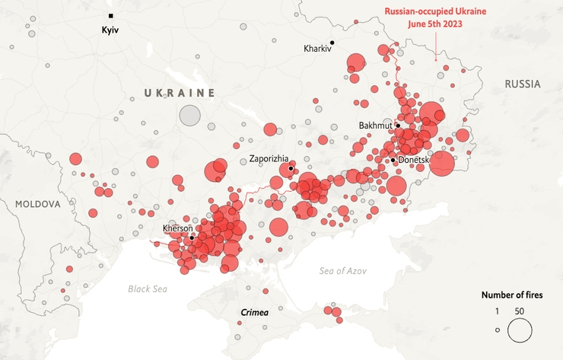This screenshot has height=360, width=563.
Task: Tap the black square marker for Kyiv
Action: coord(110,15)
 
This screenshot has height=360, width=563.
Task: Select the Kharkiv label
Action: coord(318,49)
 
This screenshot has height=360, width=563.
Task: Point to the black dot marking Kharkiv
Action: coord(332,42)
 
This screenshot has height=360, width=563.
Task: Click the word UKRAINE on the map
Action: coord(180,92)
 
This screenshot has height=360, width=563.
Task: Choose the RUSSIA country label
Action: coord(522,84)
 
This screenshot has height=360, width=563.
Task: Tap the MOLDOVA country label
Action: coord(37,205)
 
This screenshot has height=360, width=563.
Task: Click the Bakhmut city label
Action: coord(375,125)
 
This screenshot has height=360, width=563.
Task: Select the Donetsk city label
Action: coord(414,160)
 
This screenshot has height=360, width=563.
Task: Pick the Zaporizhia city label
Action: coord(269,159)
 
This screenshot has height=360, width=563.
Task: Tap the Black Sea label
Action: coord(148,288)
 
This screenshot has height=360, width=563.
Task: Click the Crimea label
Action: coord(254,312)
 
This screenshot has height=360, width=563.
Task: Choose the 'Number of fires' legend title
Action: coord(512,295)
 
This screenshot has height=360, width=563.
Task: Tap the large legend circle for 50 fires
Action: coord(520,330)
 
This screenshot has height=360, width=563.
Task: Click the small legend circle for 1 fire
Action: coord(498,330)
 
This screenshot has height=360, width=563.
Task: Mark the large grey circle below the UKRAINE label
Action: coord(189,116)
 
